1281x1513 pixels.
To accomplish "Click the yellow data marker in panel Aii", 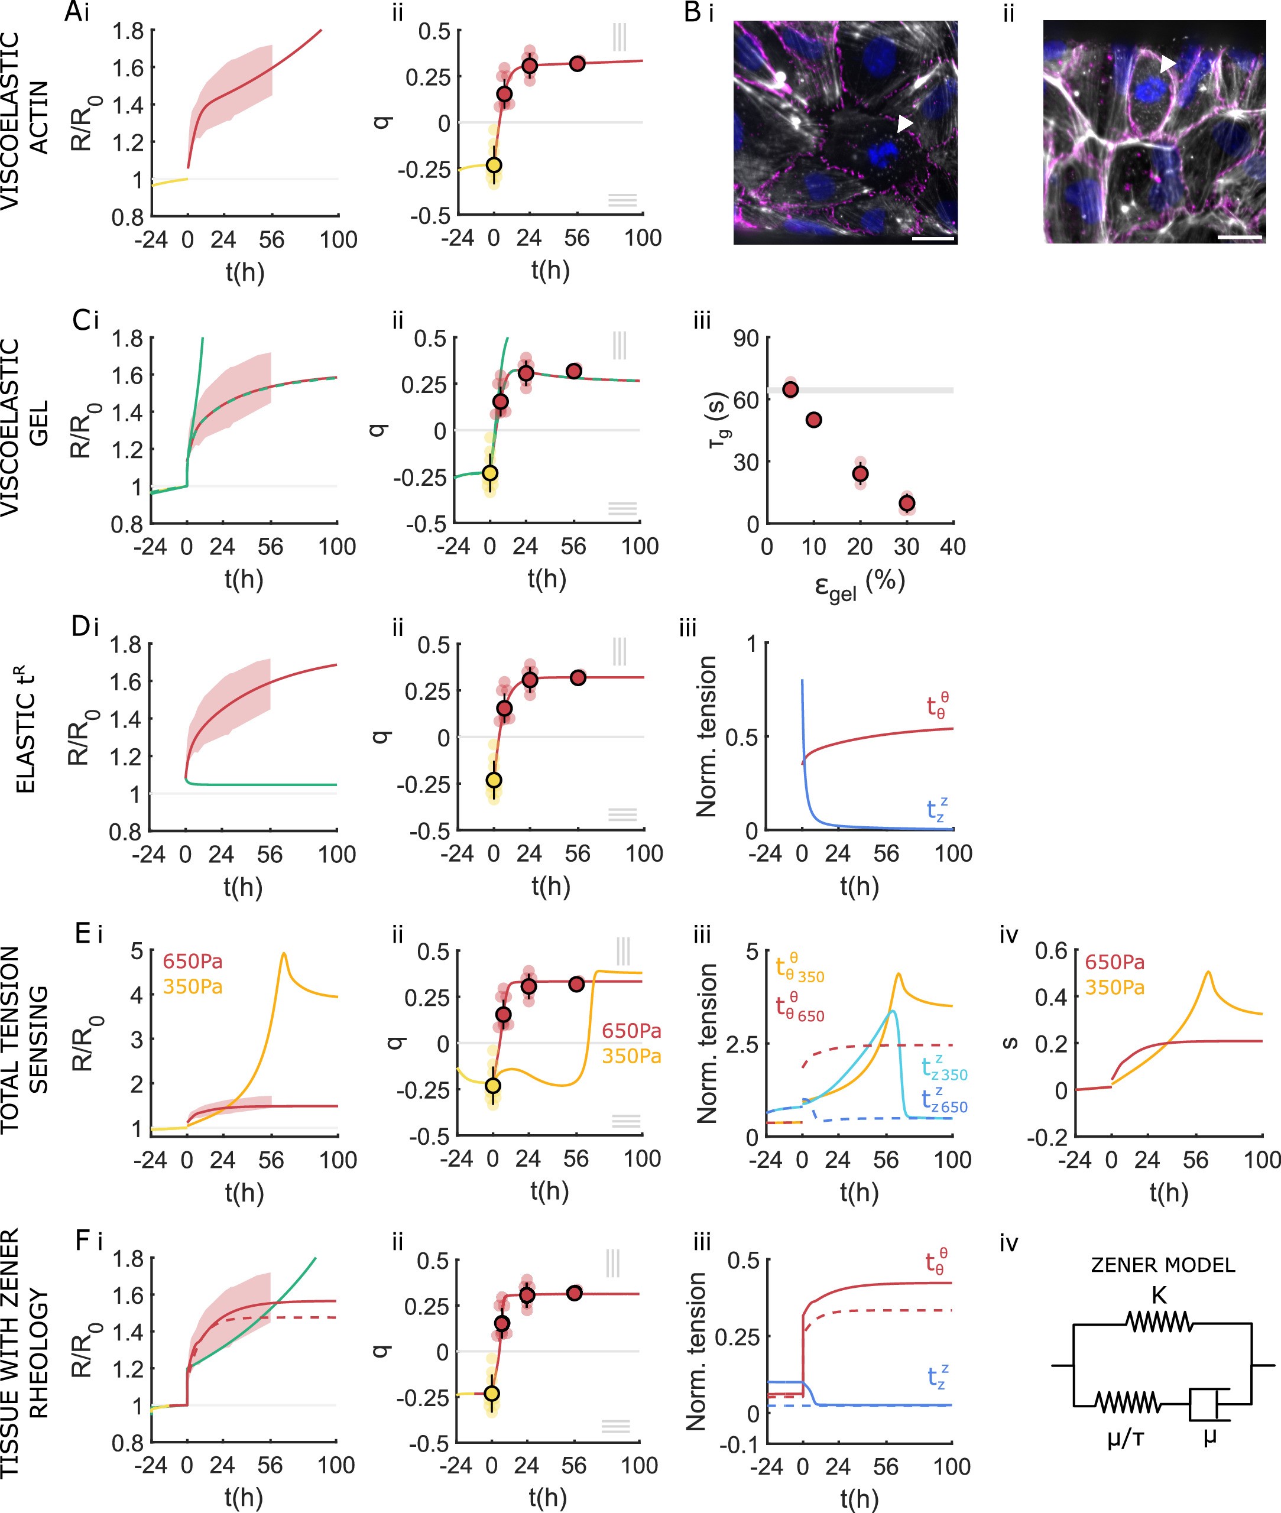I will coord(494,165).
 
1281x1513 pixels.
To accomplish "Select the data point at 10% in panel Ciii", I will coord(814,420).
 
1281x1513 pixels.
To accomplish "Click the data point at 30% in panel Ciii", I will coord(906,503).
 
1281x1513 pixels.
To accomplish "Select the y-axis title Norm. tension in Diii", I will coord(706,737).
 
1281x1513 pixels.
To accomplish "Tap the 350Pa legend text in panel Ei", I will coord(193,986).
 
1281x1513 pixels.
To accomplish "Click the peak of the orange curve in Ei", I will coord(283,954).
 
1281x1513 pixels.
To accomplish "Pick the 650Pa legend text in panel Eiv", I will coord(1115,963).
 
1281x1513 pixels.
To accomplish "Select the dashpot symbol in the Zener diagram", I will coord(1208,1404).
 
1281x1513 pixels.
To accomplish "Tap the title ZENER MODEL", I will coord(1163,1265).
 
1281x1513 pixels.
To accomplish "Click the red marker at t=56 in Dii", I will coord(578,677).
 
